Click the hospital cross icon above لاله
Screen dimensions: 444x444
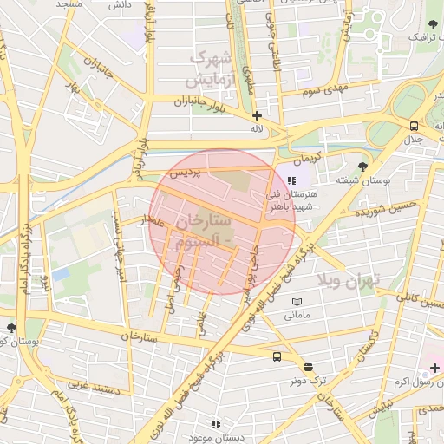tap(257, 114)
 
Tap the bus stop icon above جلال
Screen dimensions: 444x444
tap(414, 126)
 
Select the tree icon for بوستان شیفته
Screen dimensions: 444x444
tap(362, 166)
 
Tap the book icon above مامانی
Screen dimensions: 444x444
tap(297, 301)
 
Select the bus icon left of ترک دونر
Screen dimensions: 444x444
tap(277, 356)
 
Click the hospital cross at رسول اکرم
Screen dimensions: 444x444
tap(435, 369)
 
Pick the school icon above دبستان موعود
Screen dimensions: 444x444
tap(216, 424)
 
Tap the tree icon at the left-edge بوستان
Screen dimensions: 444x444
tap(11, 328)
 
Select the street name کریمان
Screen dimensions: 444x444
tap(305, 160)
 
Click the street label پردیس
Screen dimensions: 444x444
tap(184, 173)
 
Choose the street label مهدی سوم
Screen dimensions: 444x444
tap(326, 89)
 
